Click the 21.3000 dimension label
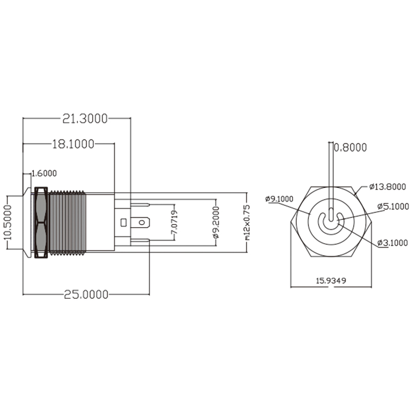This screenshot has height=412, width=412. [x=84, y=118]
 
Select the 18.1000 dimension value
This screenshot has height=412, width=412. [x=73, y=144]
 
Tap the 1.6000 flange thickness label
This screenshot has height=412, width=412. [x=44, y=173]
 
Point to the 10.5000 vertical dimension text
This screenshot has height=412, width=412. [x=7, y=222]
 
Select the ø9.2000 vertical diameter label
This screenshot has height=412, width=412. [x=217, y=222]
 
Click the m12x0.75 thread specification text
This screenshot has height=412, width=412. [x=247, y=222]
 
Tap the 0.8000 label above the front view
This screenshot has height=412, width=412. [x=350, y=148]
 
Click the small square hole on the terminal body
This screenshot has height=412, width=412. [x=123, y=222]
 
